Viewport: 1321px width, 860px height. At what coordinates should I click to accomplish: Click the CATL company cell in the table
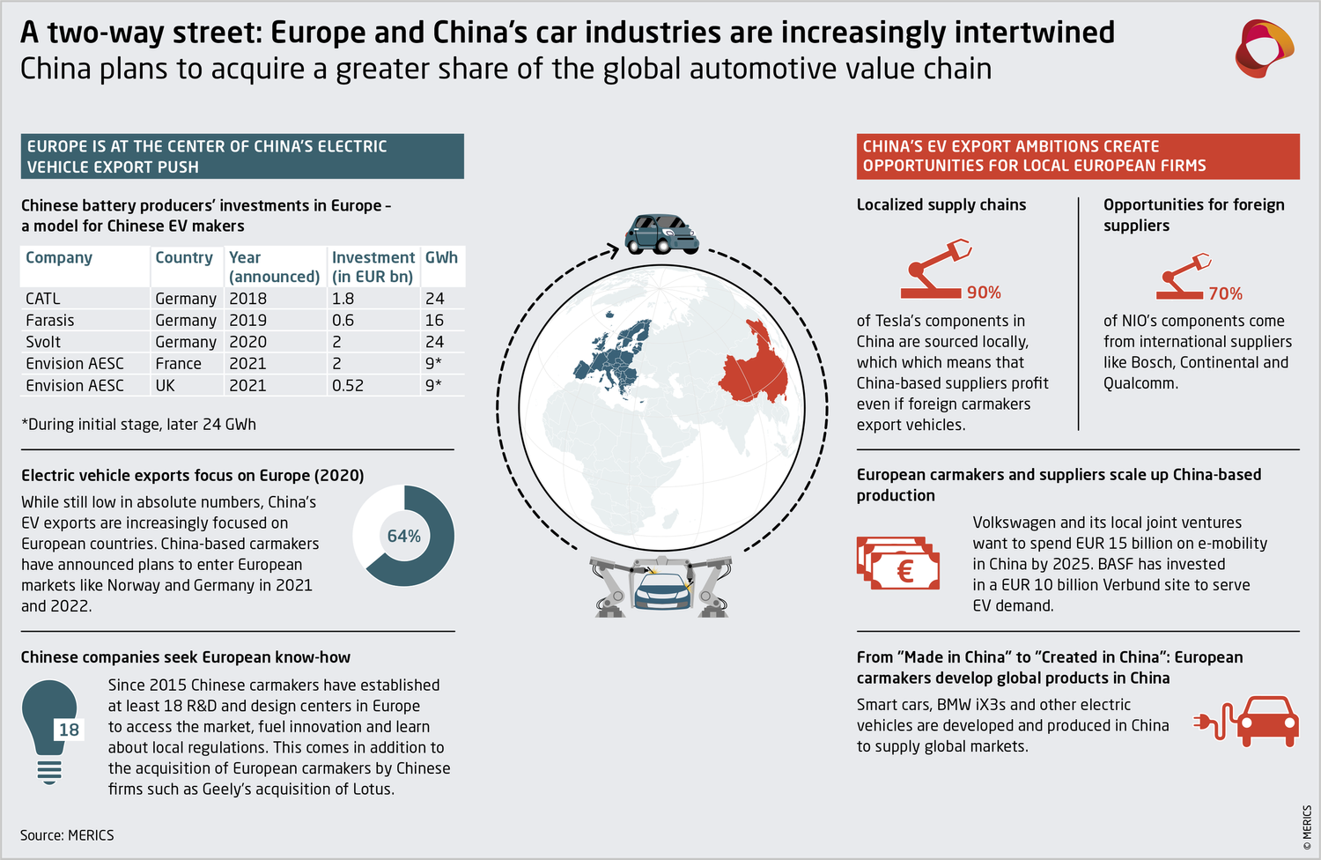tap(43, 299)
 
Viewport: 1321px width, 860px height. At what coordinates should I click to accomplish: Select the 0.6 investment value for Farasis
tap(343, 321)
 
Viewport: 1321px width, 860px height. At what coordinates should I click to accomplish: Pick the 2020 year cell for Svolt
tap(247, 342)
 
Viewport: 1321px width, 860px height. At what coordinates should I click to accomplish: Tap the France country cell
tap(178, 364)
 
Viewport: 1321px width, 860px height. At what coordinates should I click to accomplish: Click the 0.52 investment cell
tap(348, 386)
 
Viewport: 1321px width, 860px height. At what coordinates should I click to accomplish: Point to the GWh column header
tap(441, 257)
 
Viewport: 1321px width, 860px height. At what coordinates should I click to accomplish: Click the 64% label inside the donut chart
tap(404, 536)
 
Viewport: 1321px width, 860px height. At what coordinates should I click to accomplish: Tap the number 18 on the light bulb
tap(69, 730)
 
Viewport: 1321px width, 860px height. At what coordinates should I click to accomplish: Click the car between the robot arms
tap(662, 589)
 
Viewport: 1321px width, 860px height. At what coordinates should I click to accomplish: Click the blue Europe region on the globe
tap(616, 357)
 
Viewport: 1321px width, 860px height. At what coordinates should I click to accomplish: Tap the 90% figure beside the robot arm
tap(984, 293)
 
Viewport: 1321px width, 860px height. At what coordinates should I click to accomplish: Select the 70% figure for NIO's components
tap(1225, 293)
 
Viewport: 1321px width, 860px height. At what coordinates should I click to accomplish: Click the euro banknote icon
tap(897, 564)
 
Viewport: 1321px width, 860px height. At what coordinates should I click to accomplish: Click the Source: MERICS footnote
tap(67, 835)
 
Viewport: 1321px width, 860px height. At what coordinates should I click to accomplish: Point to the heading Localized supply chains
tap(941, 204)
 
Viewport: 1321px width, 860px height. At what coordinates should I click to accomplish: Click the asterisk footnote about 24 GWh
tap(139, 424)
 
